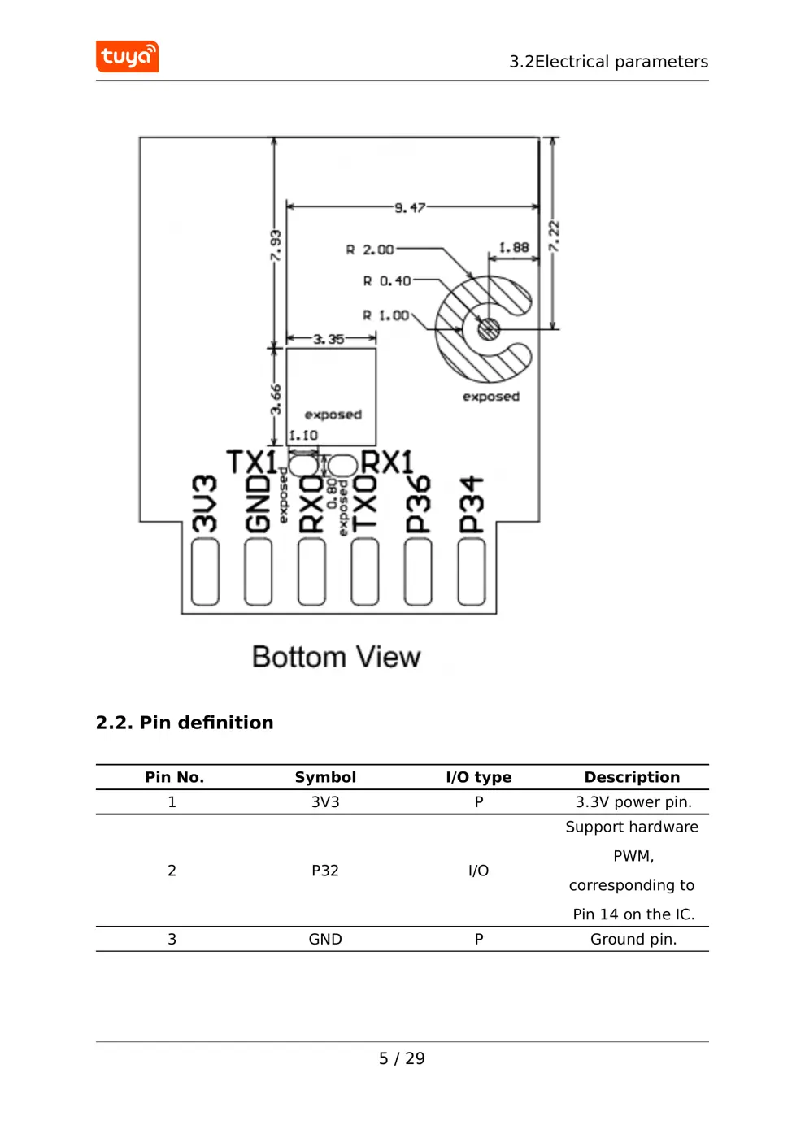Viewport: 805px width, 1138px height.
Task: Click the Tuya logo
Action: (127, 57)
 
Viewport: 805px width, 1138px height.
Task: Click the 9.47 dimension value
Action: (410, 208)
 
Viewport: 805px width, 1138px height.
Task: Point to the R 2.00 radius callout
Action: (370, 250)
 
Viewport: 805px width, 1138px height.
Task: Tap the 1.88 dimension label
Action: (514, 247)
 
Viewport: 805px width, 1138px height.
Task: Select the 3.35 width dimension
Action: (329, 339)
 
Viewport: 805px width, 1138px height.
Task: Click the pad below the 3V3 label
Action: (205, 572)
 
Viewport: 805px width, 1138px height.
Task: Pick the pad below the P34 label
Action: (472, 572)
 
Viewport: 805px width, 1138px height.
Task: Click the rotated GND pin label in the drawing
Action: (258, 504)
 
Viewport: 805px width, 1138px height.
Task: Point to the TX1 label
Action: (251, 462)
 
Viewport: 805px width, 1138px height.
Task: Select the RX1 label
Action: (387, 462)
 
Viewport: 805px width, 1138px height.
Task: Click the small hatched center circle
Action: (488, 329)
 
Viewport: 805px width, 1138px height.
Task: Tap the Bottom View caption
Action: (336, 657)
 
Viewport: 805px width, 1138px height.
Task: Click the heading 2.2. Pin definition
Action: (185, 723)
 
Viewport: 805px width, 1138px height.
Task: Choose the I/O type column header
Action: (479, 777)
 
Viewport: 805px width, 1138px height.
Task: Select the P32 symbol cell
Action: (325, 871)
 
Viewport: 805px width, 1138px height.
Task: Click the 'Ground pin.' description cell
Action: (633, 939)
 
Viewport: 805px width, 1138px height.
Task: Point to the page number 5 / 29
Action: (402, 1058)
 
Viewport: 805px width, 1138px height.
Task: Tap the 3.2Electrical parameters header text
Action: (608, 62)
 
